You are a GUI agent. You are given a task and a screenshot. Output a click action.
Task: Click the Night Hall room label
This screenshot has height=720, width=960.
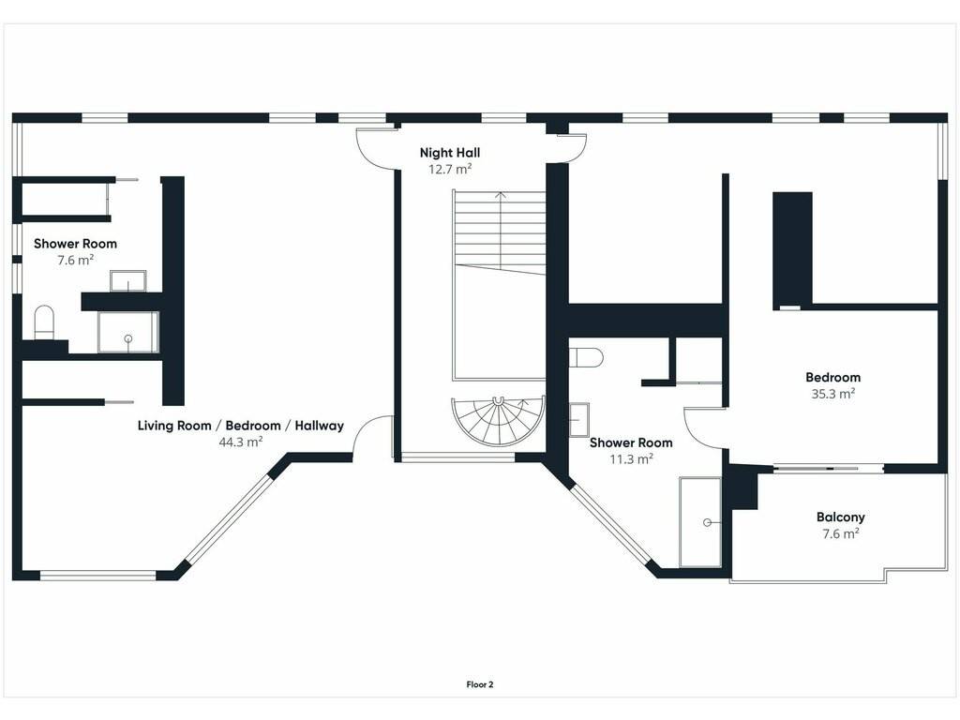click(450, 153)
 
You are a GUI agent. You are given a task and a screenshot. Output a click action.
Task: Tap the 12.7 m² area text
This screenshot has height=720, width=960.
click(450, 170)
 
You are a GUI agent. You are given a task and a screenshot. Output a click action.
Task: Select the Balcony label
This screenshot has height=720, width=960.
click(841, 517)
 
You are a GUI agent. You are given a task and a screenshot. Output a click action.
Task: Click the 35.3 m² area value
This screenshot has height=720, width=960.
click(833, 394)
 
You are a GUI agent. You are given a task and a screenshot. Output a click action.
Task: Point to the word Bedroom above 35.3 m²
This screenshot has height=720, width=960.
click(833, 377)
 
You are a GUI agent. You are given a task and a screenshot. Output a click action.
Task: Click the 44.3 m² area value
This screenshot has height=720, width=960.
click(241, 442)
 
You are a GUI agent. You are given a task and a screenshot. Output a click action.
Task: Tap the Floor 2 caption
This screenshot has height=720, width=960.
click(480, 684)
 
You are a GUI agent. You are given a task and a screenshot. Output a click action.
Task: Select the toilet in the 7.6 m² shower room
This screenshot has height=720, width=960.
click(44, 322)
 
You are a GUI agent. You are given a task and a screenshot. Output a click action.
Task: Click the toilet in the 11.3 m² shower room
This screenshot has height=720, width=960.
click(587, 357)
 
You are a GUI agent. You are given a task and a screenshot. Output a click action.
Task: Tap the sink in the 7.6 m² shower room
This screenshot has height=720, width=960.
click(128, 281)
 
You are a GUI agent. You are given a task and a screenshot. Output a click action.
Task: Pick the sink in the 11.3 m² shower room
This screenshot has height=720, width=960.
click(579, 419)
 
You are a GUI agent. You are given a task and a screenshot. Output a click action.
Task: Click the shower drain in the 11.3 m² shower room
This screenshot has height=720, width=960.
click(707, 522)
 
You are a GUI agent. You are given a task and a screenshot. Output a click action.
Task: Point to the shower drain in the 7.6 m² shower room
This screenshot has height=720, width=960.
click(127, 338)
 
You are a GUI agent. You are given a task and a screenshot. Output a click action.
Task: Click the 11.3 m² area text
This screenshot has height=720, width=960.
click(631, 458)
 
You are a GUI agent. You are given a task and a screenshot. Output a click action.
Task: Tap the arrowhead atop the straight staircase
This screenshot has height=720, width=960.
click(501, 195)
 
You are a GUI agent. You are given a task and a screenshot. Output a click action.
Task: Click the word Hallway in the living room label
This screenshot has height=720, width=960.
click(319, 426)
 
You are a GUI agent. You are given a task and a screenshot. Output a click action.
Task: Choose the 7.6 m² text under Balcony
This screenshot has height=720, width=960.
click(841, 533)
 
